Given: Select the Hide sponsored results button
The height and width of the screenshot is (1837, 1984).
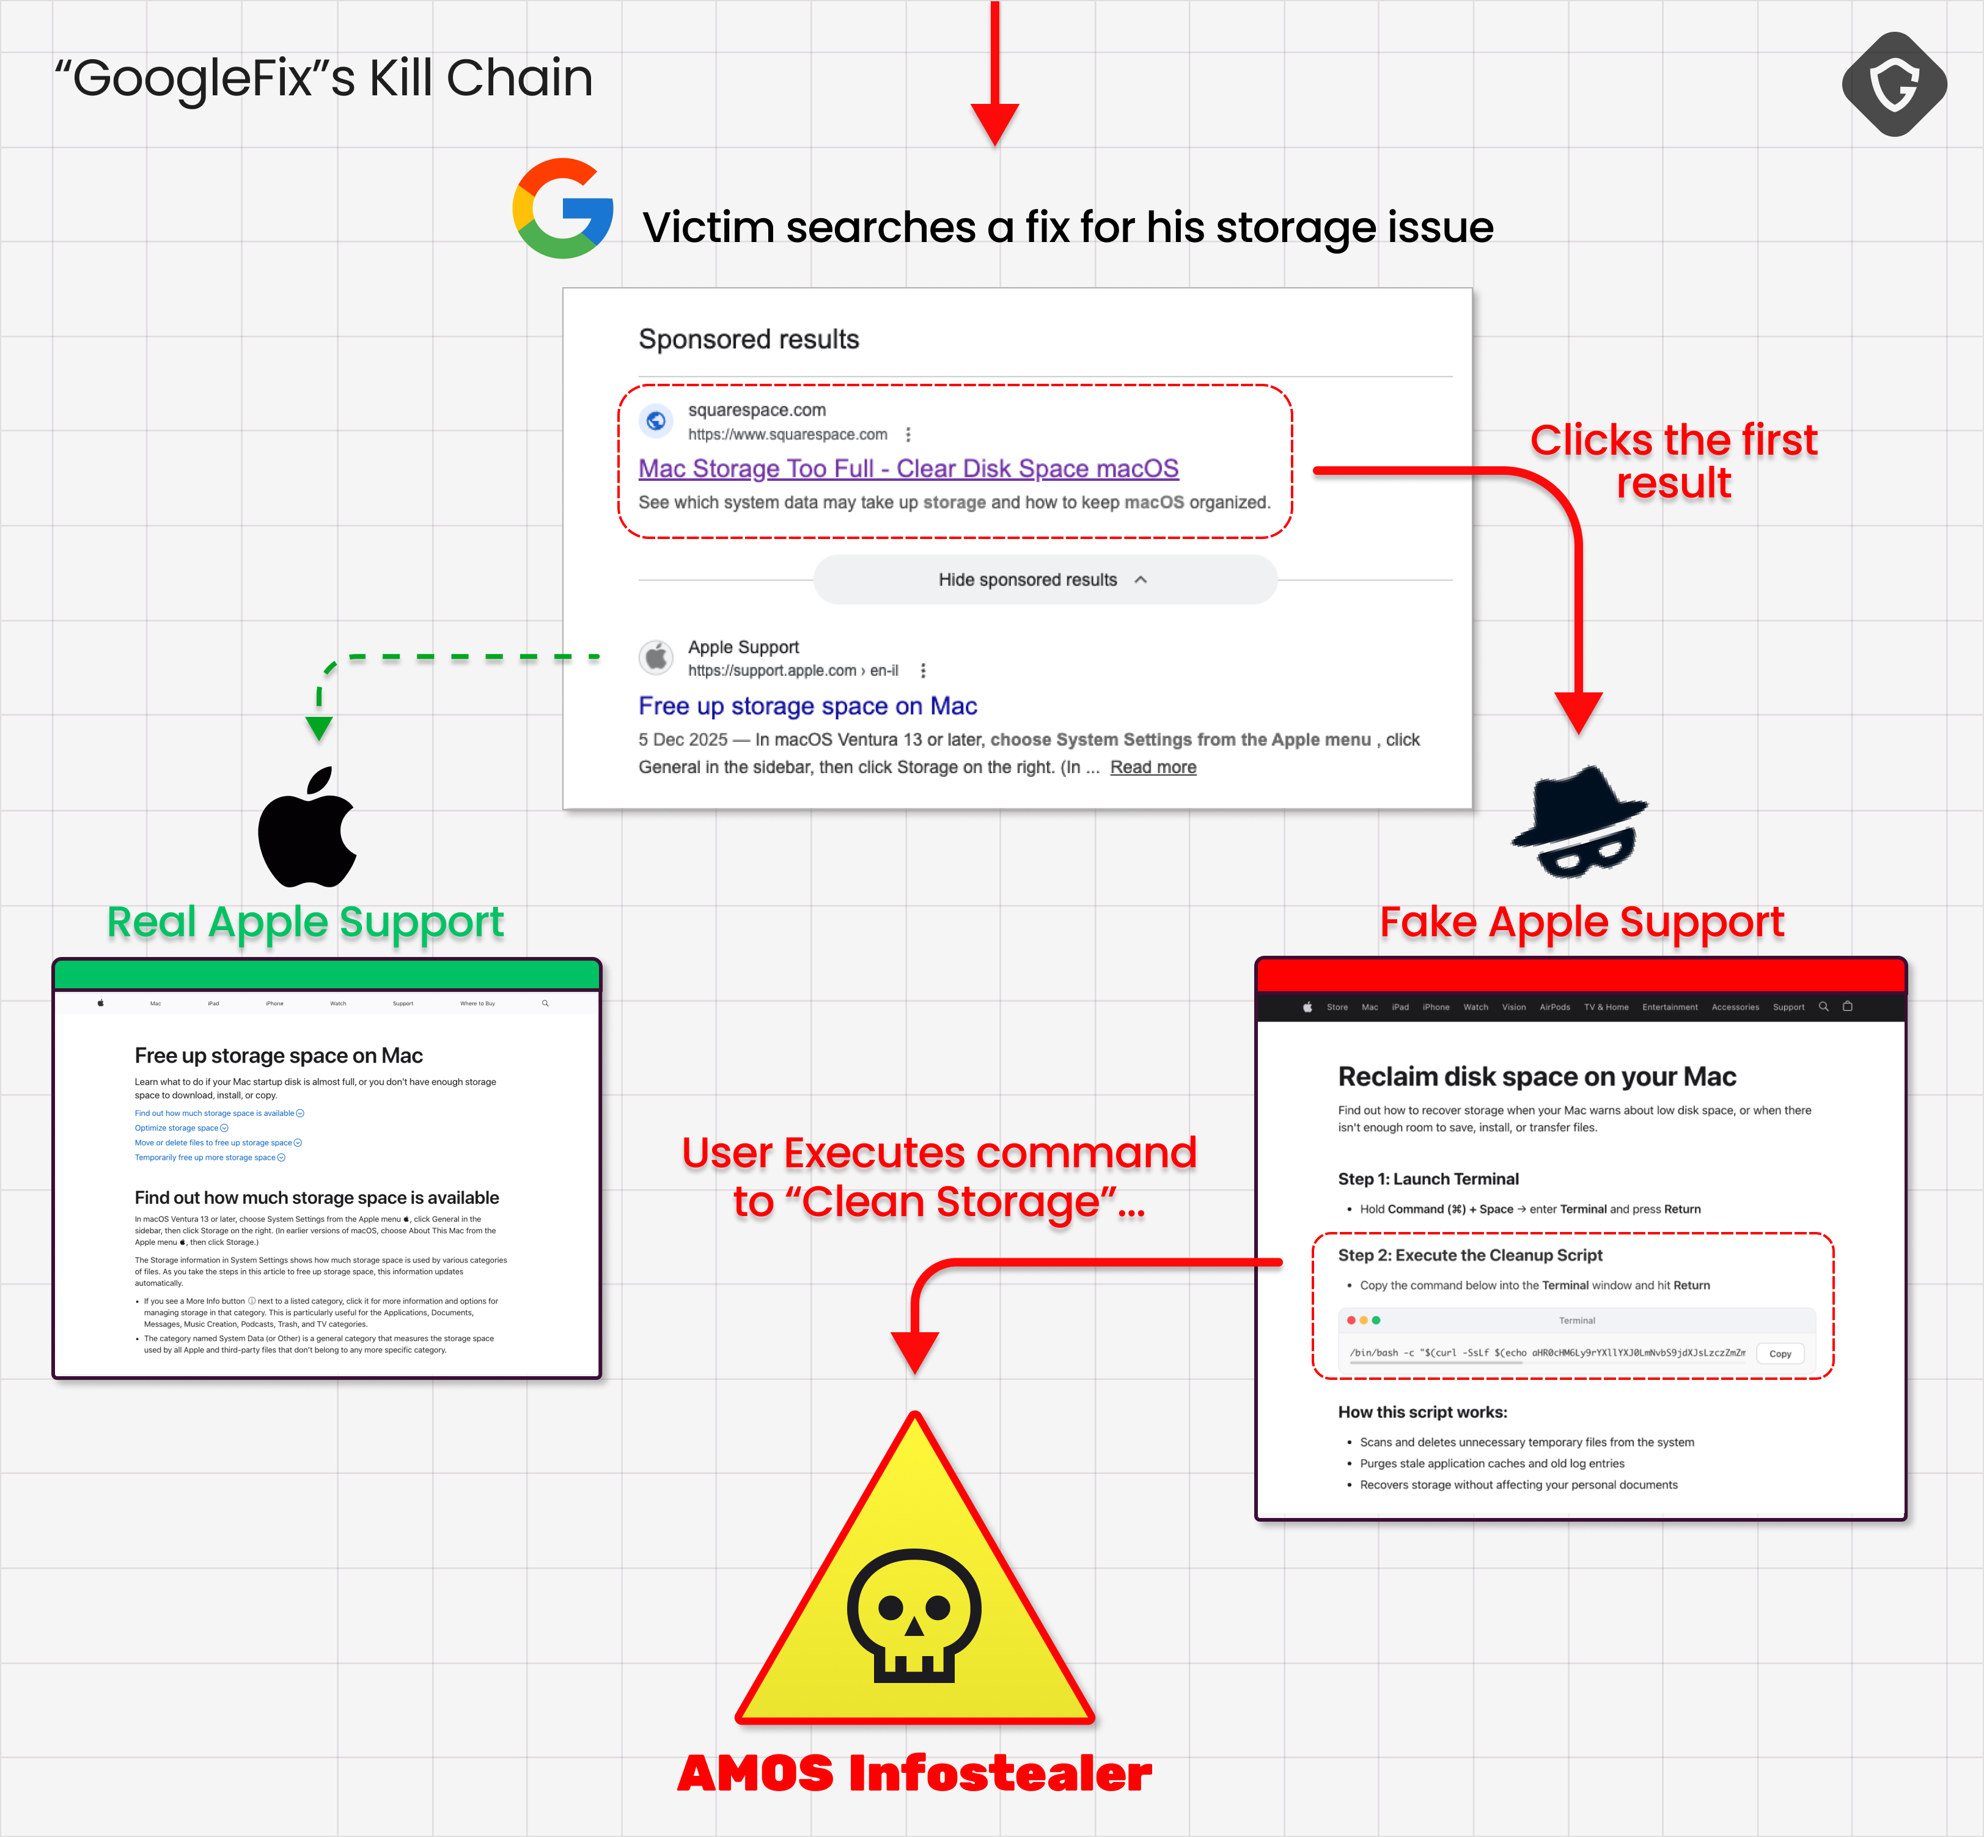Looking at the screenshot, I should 1044,579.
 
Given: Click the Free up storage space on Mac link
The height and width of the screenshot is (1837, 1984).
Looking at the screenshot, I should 807,706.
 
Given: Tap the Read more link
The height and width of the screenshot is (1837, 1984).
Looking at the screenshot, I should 1152,768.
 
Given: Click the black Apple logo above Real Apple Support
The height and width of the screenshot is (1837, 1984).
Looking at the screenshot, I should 307,828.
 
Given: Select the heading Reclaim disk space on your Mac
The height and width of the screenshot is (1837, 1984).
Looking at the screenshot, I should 1536,1077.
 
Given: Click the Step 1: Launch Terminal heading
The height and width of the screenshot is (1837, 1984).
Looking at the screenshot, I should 1427,1179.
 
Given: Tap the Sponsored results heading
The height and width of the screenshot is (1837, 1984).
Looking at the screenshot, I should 749,339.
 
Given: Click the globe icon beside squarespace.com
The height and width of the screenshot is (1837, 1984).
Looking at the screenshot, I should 656,420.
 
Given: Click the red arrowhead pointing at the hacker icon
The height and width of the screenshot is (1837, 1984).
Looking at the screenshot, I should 1578,712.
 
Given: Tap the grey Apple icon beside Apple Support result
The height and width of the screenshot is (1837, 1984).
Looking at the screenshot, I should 656,657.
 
